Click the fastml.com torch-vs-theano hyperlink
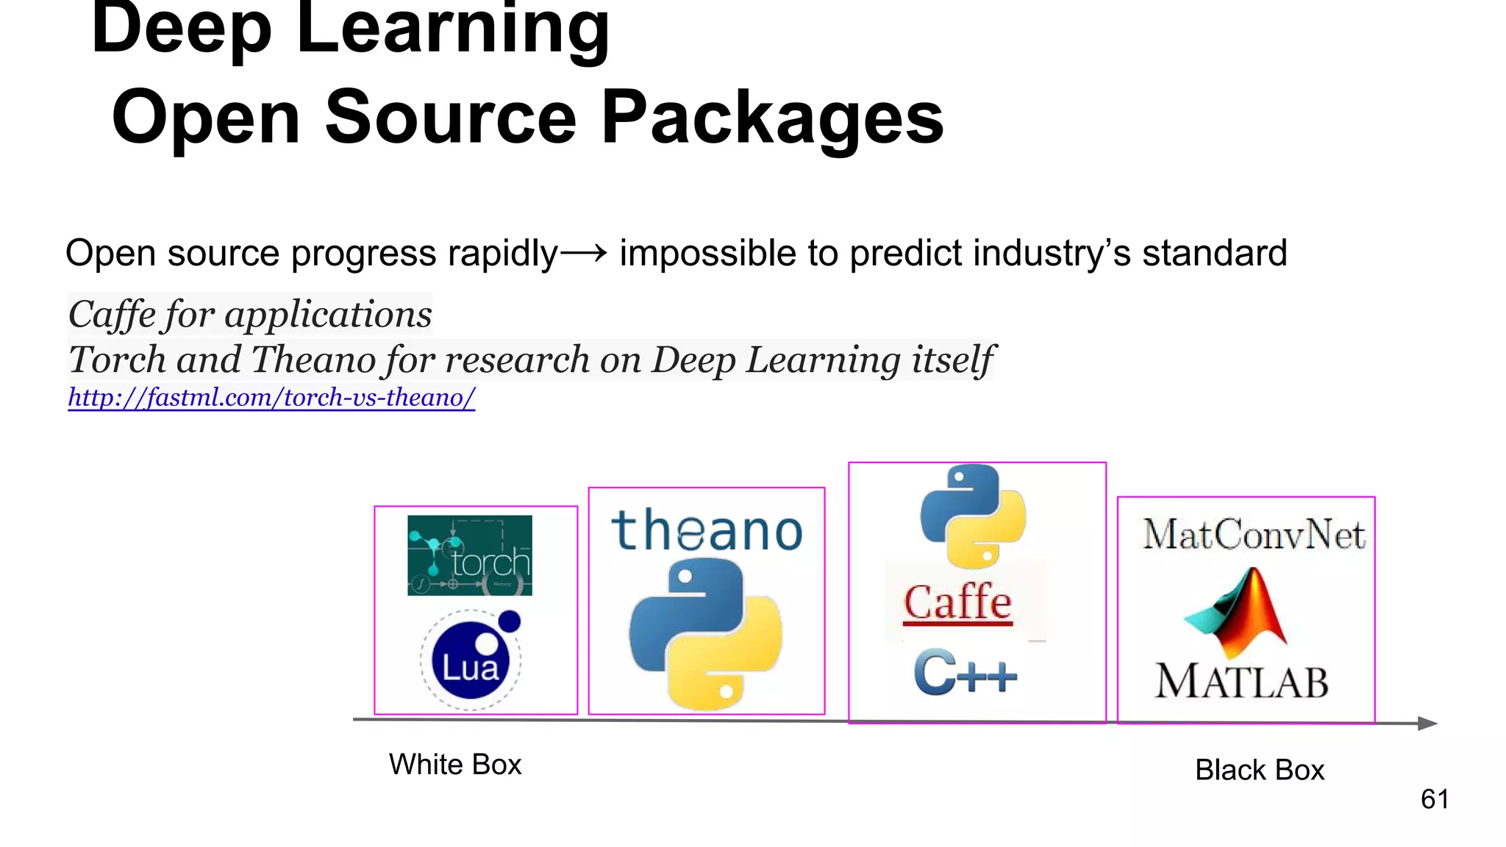(271, 398)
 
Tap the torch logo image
(470, 555)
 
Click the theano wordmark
(707, 531)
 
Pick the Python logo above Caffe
(973, 516)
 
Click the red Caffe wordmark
(957, 602)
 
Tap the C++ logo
(965, 672)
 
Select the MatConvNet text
(1254, 535)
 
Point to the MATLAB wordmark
(1241, 681)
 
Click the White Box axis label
(455, 765)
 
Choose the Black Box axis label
(1259, 770)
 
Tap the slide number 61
(1435, 799)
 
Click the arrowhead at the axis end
(1427, 723)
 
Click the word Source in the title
(451, 118)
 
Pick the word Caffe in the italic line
(112, 315)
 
